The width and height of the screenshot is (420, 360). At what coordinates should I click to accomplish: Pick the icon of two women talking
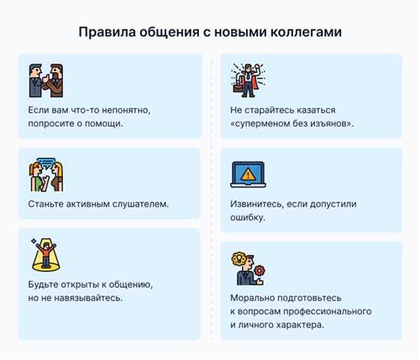coord(44,174)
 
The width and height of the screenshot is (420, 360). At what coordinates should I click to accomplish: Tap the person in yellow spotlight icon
coord(44,253)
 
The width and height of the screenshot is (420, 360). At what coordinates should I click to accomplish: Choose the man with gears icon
coord(248,268)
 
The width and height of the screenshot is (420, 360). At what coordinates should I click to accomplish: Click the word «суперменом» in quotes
coord(268,123)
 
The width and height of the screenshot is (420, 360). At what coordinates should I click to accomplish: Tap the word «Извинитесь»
coord(257,203)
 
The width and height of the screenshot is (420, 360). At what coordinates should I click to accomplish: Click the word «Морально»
coord(253,297)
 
